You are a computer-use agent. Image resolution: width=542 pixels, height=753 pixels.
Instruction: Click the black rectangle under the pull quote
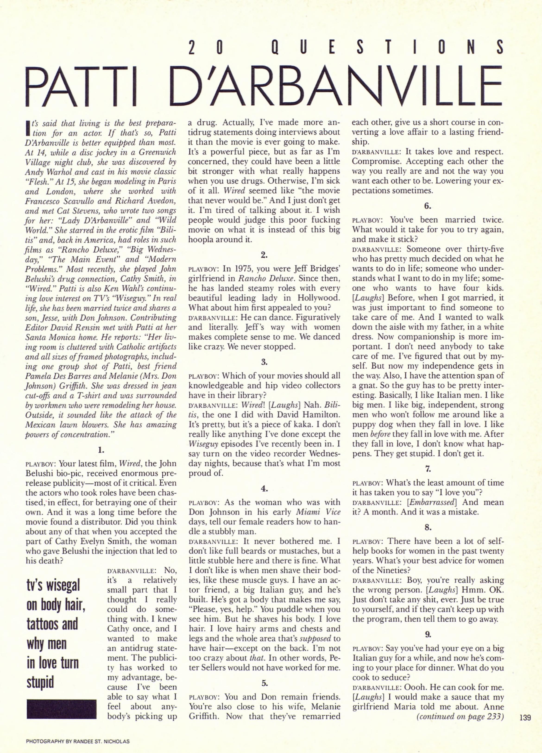point(61,709)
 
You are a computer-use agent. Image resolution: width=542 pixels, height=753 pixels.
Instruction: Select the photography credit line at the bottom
point(78,741)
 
